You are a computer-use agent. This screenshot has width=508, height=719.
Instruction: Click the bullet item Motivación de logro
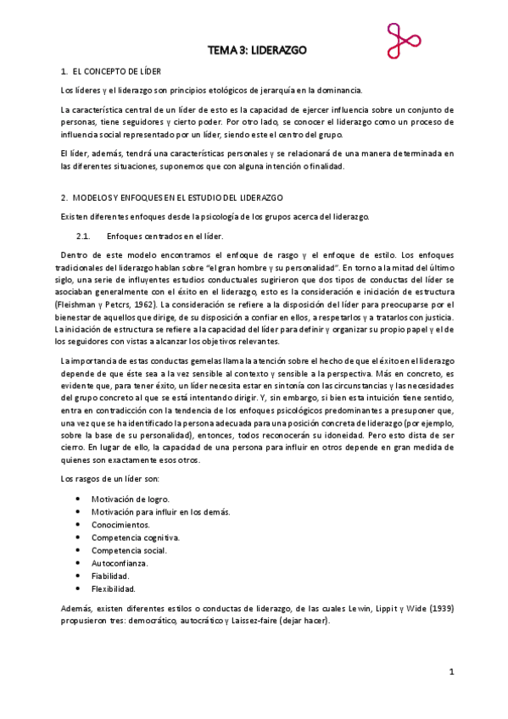130,499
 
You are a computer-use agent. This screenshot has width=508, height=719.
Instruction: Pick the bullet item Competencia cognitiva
135,538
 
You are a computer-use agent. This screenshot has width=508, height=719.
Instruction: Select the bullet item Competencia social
129,550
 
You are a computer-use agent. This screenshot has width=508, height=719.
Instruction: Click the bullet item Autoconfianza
120,563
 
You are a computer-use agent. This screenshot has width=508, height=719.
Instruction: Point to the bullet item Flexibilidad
114,588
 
